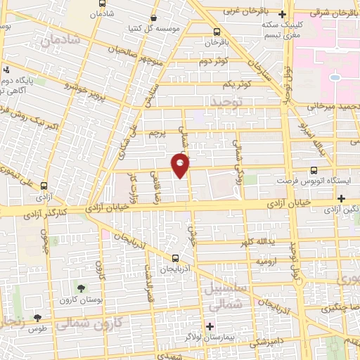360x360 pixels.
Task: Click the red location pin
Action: click(x=181, y=165)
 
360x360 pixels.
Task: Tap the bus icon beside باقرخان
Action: click(x=216, y=31)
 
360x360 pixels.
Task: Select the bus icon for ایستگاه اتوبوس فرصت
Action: click(x=314, y=169)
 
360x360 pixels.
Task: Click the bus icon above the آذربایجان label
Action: click(x=176, y=257)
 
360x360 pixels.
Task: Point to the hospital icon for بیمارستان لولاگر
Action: click(x=209, y=326)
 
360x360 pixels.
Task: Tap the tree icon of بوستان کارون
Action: click(x=82, y=288)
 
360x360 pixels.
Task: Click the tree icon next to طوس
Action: click(x=47, y=318)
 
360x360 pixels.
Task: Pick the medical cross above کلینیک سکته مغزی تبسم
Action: click(x=282, y=14)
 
